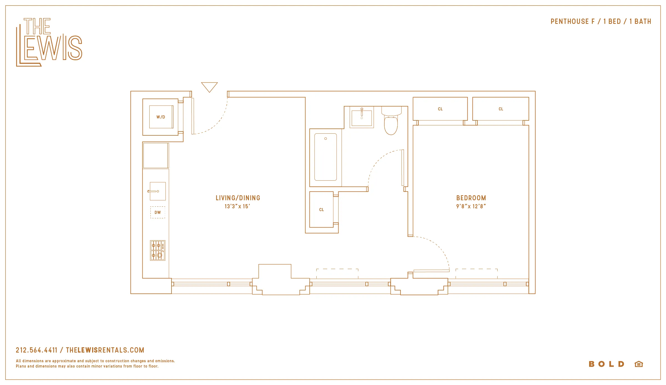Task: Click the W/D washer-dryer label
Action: point(161,117)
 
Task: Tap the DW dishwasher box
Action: point(158,212)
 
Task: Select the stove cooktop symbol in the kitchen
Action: point(158,250)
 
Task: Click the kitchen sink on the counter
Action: point(158,191)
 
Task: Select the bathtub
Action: point(326,157)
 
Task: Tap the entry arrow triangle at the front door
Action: point(209,87)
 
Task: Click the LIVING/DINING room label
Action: point(238,198)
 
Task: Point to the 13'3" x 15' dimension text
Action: point(237,206)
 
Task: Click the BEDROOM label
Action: point(471,198)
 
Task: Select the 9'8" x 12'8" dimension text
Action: point(471,206)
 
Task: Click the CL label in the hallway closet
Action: point(321,210)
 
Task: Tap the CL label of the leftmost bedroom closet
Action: point(440,109)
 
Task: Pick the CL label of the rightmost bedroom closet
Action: point(501,109)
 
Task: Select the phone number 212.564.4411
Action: point(37,350)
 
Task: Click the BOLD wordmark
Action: point(607,364)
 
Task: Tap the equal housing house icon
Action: point(639,364)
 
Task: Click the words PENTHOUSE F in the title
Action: point(572,22)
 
